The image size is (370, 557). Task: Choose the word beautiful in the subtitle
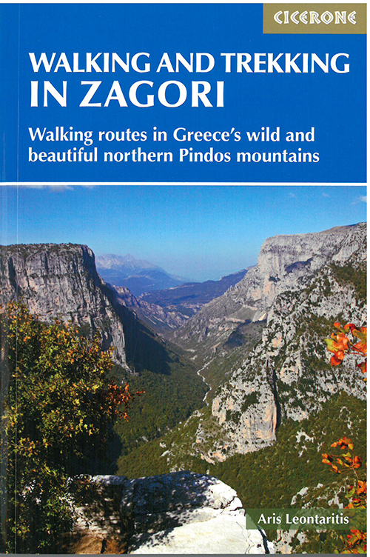tap(64, 156)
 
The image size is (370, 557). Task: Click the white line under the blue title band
tap(185, 183)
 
